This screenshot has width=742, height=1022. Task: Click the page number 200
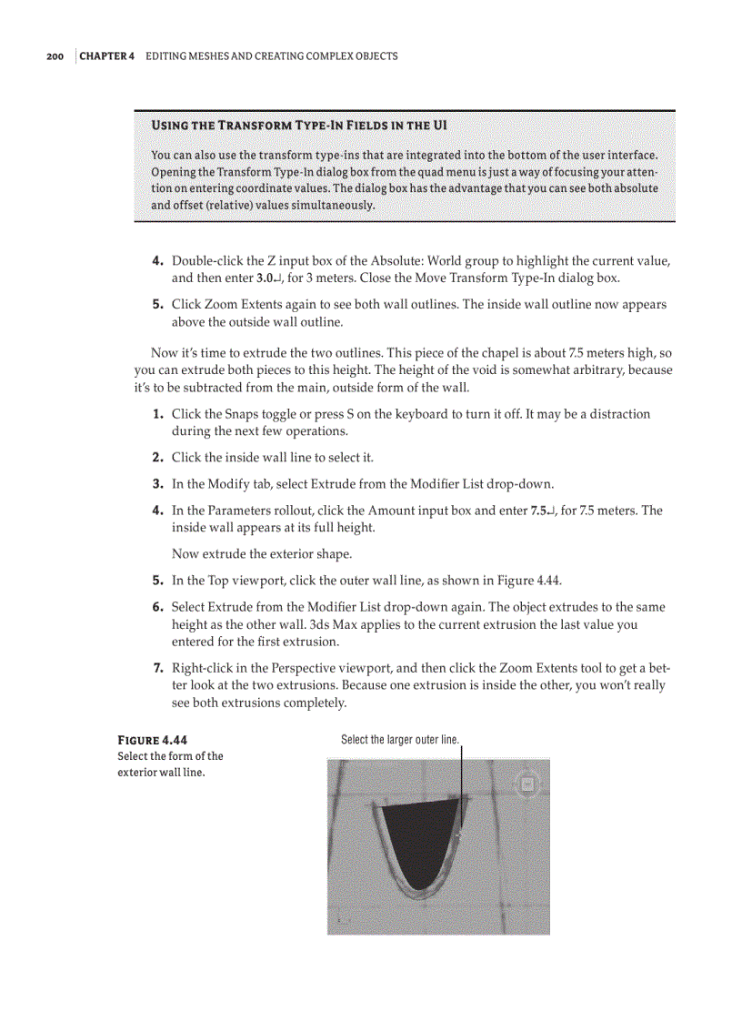click(55, 56)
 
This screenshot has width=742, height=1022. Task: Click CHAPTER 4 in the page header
click(107, 56)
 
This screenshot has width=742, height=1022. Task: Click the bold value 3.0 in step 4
click(266, 278)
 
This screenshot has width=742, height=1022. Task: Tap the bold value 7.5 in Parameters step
click(537, 511)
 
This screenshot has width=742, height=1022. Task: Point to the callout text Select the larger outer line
click(400, 740)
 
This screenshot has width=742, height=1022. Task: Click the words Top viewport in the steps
click(244, 580)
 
